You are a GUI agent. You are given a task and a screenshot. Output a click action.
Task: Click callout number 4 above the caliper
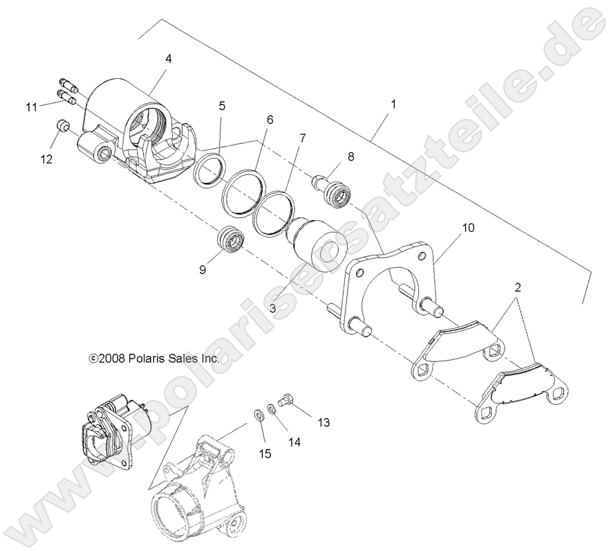(168, 59)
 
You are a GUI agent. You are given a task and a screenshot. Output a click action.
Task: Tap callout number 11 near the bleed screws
(31, 107)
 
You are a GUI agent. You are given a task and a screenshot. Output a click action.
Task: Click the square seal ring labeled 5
(207, 170)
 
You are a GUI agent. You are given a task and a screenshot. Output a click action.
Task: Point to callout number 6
(269, 120)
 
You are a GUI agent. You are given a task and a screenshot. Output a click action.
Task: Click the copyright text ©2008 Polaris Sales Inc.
(155, 359)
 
